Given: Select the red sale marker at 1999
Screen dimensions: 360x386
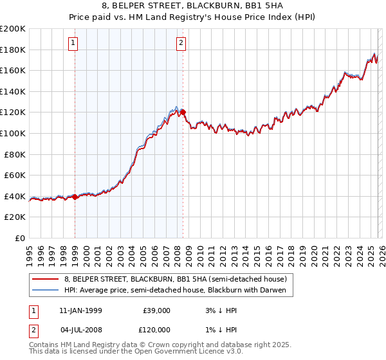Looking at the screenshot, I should [75, 197].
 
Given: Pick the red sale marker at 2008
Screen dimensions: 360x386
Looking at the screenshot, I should [183, 113].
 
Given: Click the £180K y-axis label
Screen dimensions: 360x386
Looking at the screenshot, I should [14, 50].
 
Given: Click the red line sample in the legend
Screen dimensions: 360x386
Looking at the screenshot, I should [45, 278].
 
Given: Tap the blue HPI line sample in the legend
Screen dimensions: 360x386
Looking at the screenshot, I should [45, 289].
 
